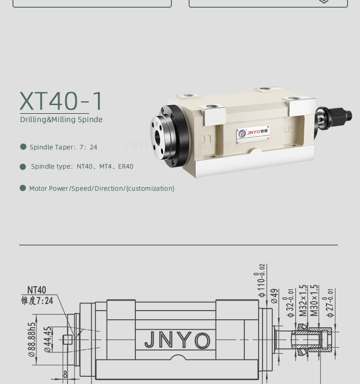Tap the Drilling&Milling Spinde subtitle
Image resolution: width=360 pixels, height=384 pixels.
point(61,120)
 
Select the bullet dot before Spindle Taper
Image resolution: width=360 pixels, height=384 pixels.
point(23,147)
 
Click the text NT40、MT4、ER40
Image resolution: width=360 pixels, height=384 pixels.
point(105,167)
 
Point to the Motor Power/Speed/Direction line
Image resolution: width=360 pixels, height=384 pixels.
point(102,189)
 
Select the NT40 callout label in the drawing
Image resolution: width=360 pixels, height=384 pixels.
point(36,290)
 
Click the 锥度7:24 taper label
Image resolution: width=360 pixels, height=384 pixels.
point(37,301)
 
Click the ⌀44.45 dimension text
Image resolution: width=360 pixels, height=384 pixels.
point(48,339)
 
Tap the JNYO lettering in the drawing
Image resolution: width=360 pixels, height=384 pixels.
point(178,340)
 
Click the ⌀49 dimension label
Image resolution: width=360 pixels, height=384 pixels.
point(275,296)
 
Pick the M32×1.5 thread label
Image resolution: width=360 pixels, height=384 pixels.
point(303,300)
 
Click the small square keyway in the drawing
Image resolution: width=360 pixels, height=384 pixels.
point(68,340)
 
